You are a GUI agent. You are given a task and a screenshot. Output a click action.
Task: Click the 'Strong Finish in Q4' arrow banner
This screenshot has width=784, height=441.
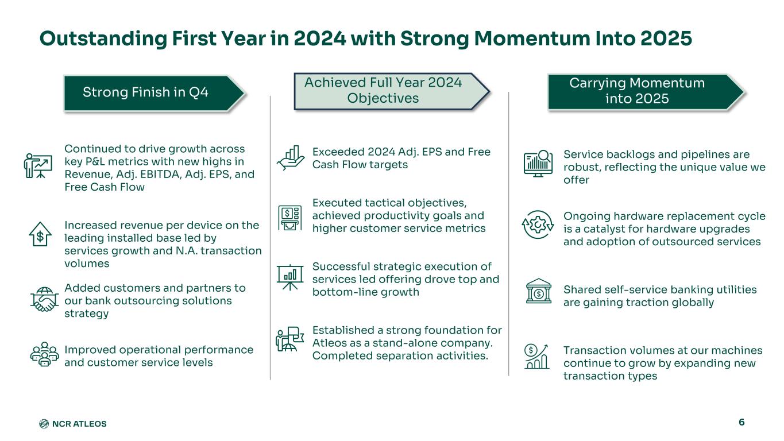click(154, 94)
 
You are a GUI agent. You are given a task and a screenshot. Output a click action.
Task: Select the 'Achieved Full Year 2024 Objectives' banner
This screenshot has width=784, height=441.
click(391, 91)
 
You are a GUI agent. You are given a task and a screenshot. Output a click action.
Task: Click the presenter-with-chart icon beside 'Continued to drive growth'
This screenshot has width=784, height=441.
click(38, 165)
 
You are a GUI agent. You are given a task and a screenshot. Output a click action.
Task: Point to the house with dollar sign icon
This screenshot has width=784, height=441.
click(40, 234)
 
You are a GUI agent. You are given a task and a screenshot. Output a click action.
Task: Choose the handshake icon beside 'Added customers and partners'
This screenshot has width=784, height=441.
click(44, 299)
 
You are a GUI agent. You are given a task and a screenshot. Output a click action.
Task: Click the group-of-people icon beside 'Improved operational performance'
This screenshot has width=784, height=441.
click(44, 354)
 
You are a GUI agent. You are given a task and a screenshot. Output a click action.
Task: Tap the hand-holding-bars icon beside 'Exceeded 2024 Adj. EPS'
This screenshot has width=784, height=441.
click(291, 158)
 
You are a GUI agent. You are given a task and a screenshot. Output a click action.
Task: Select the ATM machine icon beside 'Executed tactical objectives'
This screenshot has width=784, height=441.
click(290, 218)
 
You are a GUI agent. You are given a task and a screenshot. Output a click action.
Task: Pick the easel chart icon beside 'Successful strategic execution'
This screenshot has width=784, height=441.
click(290, 277)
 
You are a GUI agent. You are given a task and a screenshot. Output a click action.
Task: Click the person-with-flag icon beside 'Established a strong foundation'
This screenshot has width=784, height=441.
click(290, 339)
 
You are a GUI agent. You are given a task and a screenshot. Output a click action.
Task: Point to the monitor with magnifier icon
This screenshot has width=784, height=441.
click(538, 164)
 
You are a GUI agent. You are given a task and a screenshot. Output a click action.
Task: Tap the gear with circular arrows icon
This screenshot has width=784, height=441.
click(538, 225)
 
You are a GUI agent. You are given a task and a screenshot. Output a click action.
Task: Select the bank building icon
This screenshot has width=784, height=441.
click(539, 291)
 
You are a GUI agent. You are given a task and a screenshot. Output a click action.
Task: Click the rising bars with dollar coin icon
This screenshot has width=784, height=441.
click(537, 356)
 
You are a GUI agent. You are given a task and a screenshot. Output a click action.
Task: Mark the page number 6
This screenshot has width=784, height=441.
click(741, 422)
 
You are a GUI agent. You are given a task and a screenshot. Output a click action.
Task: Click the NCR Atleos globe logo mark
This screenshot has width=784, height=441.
click(44, 424)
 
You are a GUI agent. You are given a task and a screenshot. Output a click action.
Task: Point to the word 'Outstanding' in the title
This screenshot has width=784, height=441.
click(103, 39)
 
